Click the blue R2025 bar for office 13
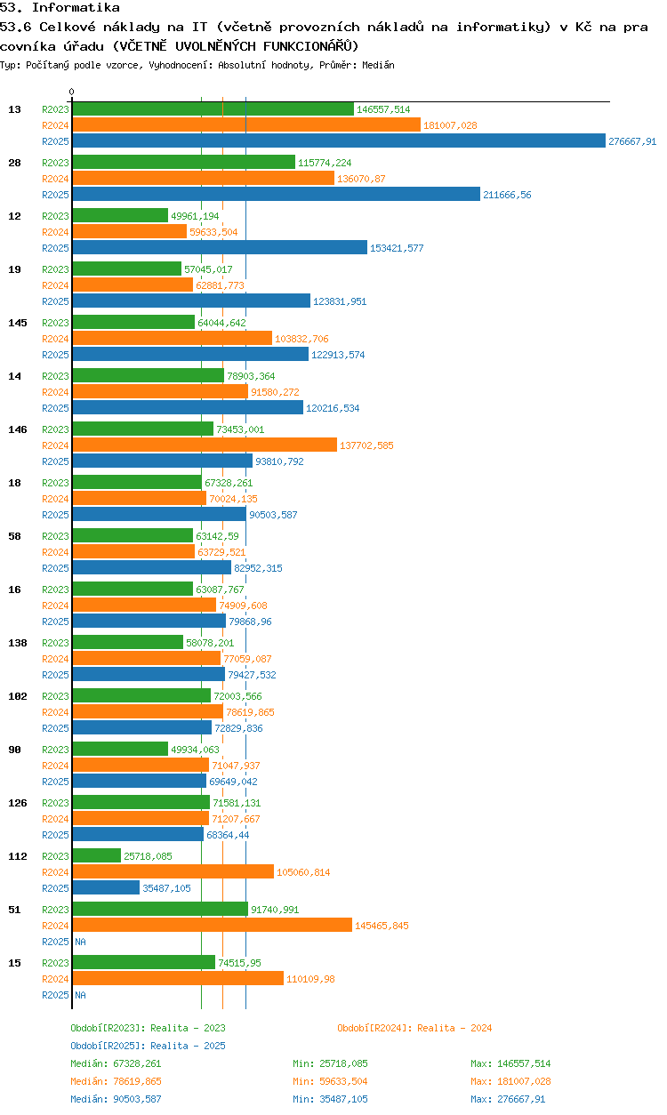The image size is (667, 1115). [x=338, y=140]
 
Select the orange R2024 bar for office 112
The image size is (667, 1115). [x=173, y=871]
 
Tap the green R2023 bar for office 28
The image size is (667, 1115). [x=183, y=162]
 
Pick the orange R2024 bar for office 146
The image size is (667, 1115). [x=205, y=445]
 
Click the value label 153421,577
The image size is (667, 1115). [x=397, y=248]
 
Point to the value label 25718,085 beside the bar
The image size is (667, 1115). [x=148, y=856]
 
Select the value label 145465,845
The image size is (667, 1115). [x=382, y=926]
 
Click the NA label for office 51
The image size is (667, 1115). [x=80, y=942]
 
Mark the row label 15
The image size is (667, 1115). [x=14, y=963]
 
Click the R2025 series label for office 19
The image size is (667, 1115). [x=55, y=301]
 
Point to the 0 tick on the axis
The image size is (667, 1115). [x=72, y=92]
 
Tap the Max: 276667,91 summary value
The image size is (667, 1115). [x=508, y=1099]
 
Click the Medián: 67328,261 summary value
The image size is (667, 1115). [x=116, y=1063]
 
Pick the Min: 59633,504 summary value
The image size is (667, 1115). [x=330, y=1081]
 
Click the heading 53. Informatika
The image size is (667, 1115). [x=60, y=7]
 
